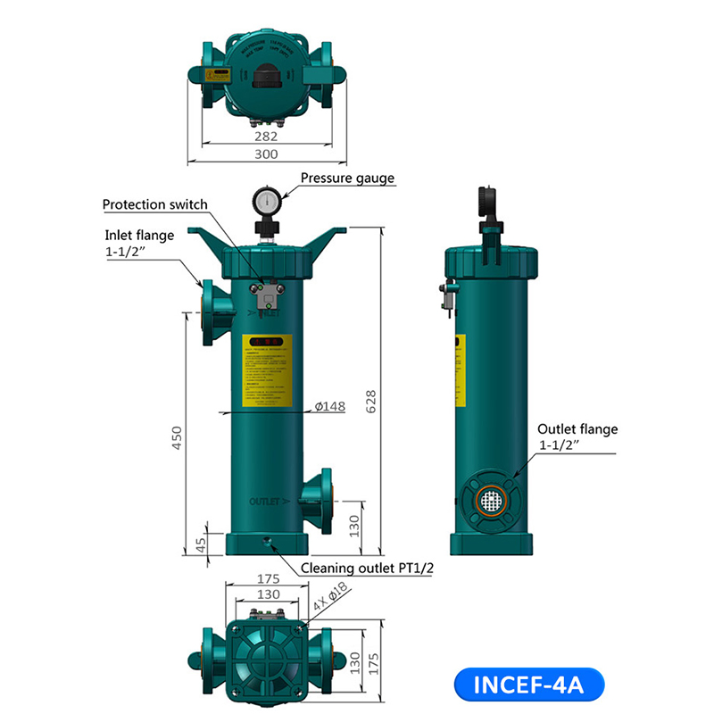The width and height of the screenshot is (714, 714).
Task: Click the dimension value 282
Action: [x=266, y=137]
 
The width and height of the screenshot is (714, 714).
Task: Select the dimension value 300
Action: [x=266, y=154]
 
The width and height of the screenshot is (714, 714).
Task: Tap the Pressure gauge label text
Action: [x=347, y=178]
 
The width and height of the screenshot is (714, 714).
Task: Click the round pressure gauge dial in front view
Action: [x=266, y=200]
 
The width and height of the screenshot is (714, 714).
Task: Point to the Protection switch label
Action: [x=154, y=204]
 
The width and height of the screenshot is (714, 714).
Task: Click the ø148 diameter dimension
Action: [x=329, y=407]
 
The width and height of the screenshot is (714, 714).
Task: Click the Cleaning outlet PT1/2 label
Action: [x=366, y=568]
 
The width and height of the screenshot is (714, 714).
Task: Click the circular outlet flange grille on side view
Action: [x=490, y=501]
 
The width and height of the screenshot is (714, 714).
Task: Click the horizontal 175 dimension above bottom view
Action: [x=267, y=578]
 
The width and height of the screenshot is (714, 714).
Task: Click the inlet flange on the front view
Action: [x=211, y=311]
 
